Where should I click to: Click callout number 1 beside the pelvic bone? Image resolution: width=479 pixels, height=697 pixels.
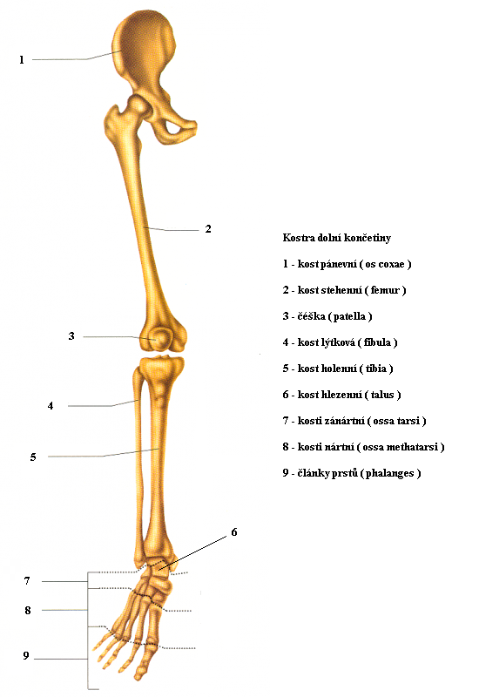[21, 59]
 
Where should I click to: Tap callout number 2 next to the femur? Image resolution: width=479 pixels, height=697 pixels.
[208, 229]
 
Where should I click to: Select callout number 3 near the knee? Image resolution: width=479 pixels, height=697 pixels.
[71, 336]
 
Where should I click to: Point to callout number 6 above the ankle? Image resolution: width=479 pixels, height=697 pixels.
[233, 532]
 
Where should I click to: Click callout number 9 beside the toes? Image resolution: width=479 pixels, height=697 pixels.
[26, 656]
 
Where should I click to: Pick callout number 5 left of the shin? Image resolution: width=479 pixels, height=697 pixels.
[33, 457]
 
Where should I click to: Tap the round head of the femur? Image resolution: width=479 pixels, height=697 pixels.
[138, 105]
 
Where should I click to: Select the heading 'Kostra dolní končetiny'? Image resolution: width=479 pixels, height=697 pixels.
[337, 238]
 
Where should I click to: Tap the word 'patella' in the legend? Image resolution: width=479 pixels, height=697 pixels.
[349, 316]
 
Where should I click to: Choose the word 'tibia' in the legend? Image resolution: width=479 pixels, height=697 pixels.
[376, 369]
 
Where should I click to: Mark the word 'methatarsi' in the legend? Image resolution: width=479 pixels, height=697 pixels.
[412, 447]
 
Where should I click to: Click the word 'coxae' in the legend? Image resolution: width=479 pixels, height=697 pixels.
[391, 265]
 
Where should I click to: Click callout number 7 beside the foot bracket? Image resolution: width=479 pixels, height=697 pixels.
[27, 581]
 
